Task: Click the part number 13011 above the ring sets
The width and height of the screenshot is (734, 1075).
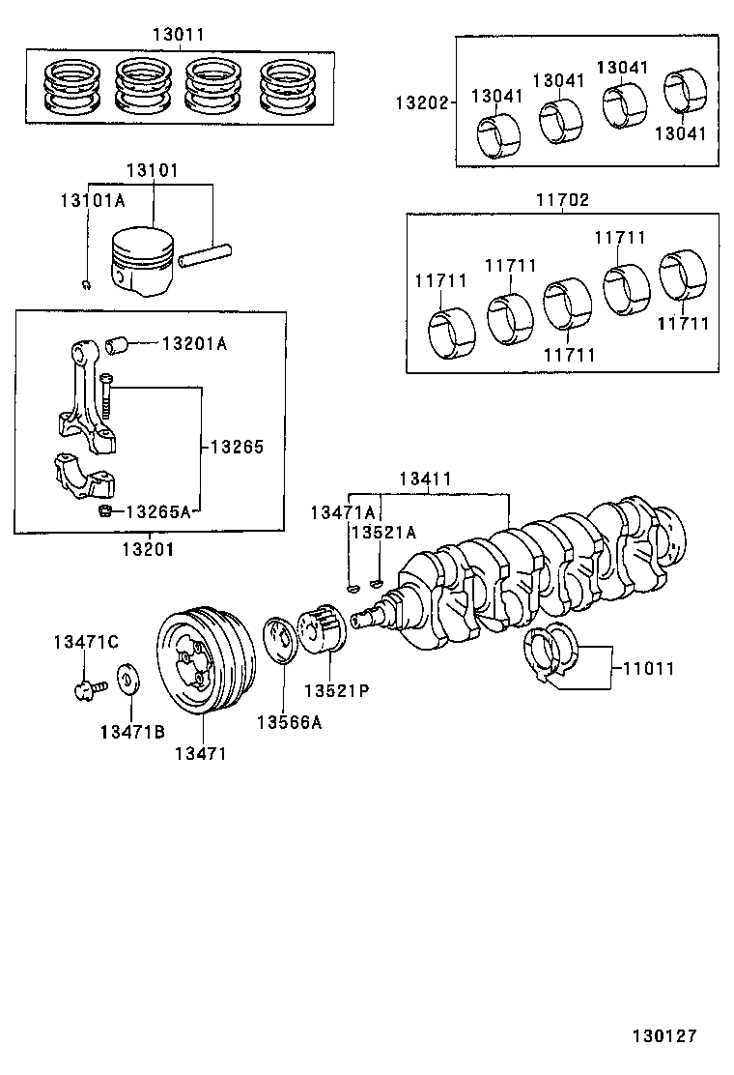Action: click(178, 35)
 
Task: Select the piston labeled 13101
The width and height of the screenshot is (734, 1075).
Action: click(142, 261)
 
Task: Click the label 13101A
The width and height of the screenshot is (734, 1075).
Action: click(93, 199)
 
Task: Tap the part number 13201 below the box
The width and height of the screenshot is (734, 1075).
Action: click(148, 549)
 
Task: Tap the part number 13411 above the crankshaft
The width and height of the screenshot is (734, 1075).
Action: click(426, 479)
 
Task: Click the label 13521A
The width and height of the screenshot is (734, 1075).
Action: click(383, 532)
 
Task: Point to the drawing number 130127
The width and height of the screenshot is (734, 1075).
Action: click(664, 1035)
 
